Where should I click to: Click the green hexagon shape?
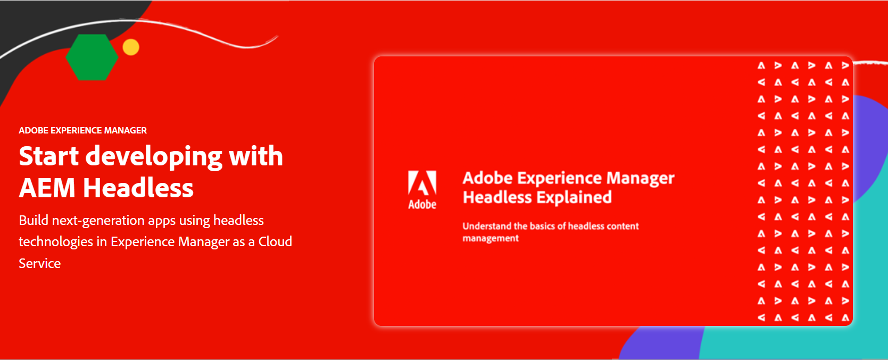point(92,57)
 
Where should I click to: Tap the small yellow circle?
point(131,47)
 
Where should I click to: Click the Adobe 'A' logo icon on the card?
point(422,183)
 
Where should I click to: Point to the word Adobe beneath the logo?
point(422,205)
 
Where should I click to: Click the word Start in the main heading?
point(49,156)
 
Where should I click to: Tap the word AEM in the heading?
point(47,188)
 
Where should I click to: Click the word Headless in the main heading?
point(138,188)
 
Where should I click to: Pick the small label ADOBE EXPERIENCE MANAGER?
point(82,130)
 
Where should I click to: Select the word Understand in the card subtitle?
point(486,226)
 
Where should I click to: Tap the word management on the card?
point(491,239)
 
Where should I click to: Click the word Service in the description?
point(40,264)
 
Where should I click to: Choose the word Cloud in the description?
point(275,242)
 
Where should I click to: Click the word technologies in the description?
point(56,242)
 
